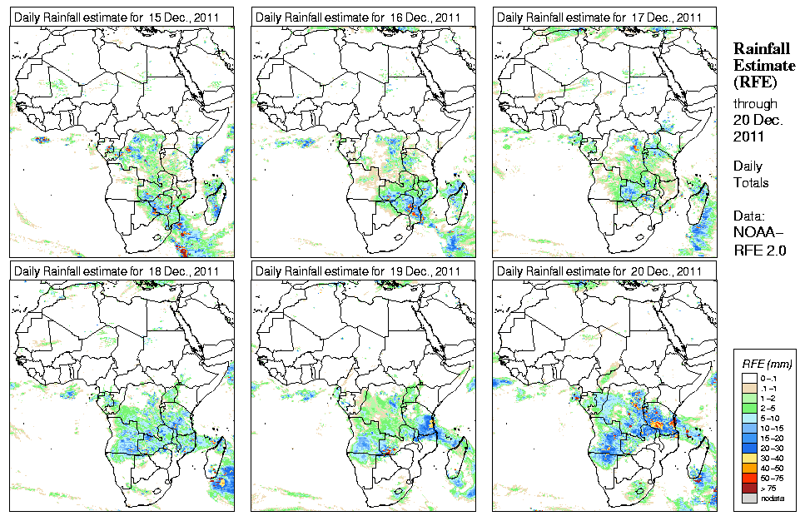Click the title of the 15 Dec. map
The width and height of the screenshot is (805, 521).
pos(116,17)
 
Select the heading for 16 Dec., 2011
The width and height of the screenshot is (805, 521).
pos(357,17)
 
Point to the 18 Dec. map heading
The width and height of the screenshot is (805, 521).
pos(116,270)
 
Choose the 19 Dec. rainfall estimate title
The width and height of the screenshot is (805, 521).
pos(357,270)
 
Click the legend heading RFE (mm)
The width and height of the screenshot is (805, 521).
pos(768,364)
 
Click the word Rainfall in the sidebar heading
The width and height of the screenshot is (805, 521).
pos(761,49)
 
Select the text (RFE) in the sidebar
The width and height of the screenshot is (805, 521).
pos(754,82)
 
